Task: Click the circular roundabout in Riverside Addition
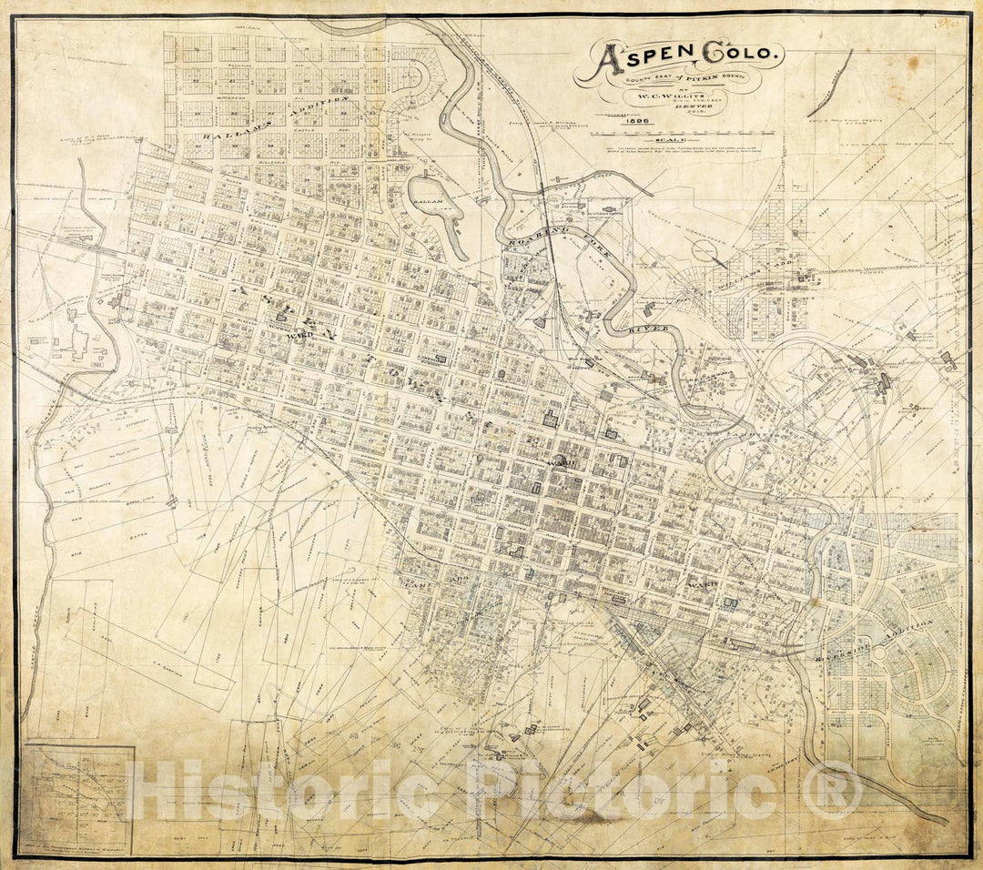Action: [x=879, y=654]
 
